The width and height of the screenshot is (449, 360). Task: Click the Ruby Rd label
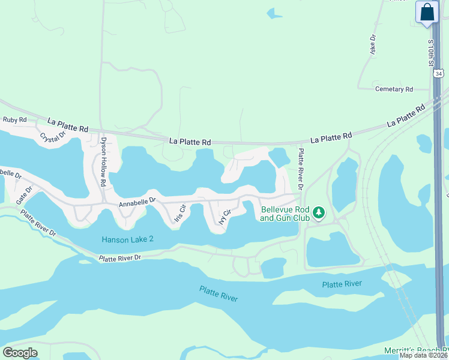[x=15, y=120]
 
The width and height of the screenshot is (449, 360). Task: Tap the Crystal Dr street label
[x=52, y=137]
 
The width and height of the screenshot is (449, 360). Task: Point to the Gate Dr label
[x=25, y=193]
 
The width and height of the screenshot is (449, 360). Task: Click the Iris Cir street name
[x=180, y=214]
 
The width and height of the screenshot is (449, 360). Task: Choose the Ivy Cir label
[x=224, y=215]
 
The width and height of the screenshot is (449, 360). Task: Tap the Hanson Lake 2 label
[x=128, y=239]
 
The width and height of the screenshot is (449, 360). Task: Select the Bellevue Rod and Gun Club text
[x=285, y=214]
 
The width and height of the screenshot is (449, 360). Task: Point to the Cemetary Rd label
[x=394, y=89]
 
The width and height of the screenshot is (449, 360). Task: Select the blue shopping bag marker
[x=427, y=13]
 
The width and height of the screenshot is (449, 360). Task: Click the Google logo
[x=20, y=353]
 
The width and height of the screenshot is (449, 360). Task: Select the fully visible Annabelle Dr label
[x=137, y=203]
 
